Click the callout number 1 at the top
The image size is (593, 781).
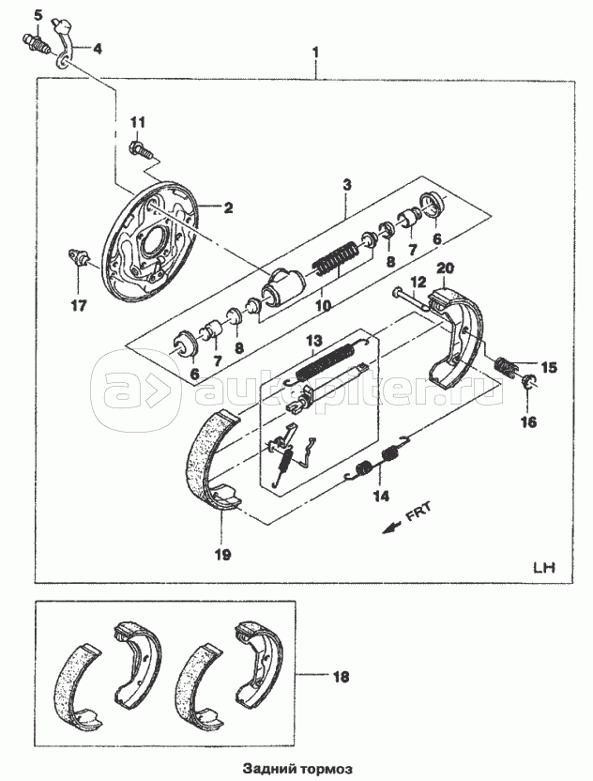pyautogui.click(x=315, y=53)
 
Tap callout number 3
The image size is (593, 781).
pyautogui.click(x=347, y=185)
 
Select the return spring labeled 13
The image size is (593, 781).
pyautogui.click(x=327, y=361)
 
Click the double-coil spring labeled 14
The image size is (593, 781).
pyautogui.click(x=377, y=459)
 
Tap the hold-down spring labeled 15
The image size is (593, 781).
pyautogui.click(x=507, y=365)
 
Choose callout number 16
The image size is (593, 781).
pyautogui.click(x=529, y=422)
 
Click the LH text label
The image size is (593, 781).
pyautogui.click(x=543, y=568)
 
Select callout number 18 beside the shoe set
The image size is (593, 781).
pyautogui.click(x=341, y=677)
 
